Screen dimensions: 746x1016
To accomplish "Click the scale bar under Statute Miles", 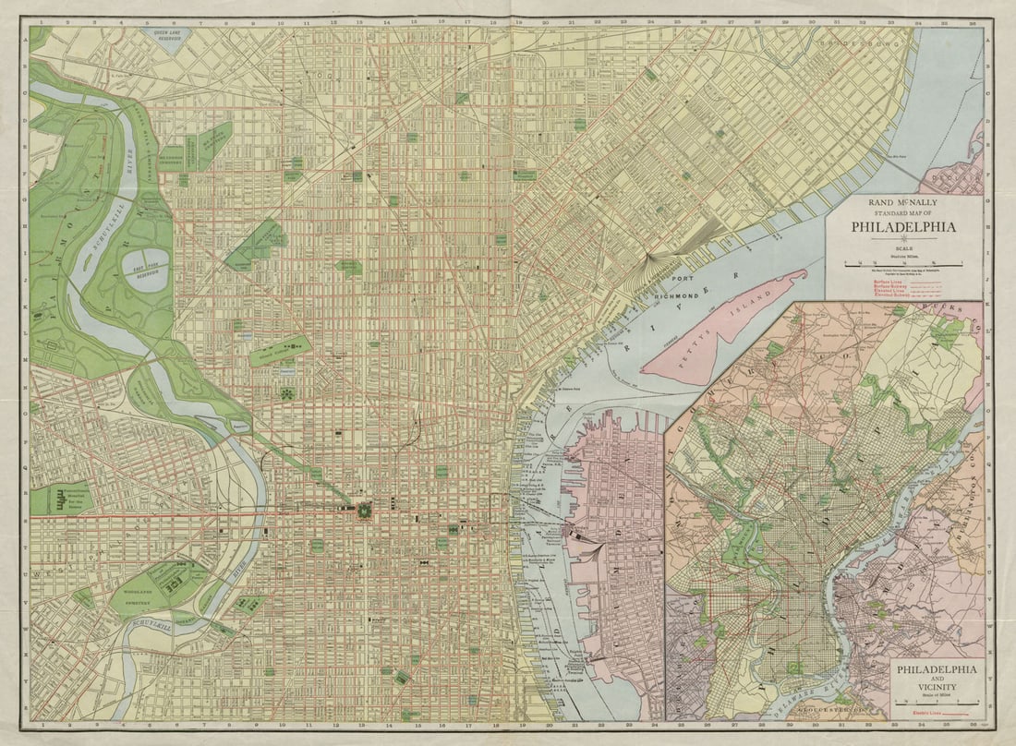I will pyautogui.click(x=904, y=263).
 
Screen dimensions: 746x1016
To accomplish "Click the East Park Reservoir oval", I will pyautogui.click(x=146, y=270).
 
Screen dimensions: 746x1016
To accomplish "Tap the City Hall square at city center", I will pyautogui.click(x=364, y=510).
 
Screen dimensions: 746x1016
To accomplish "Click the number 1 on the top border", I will pyautogui.click(x=42, y=19).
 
